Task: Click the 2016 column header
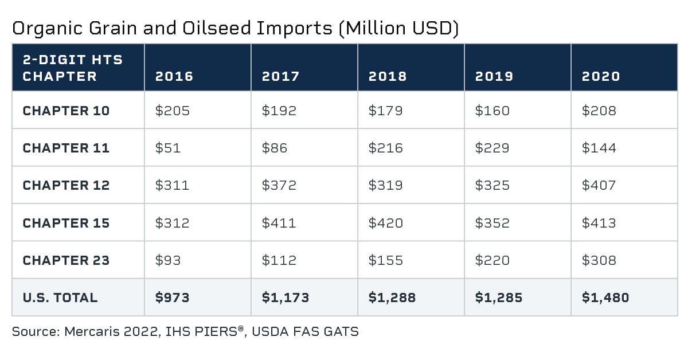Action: (174, 76)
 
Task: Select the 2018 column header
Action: (387, 76)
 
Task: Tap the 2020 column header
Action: (600, 76)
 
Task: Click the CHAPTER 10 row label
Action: (66, 111)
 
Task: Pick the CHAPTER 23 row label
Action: (66, 260)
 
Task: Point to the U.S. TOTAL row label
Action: (60, 298)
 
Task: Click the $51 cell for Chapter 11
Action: (167, 148)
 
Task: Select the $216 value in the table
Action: (385, 148)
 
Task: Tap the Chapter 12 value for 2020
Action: (599, 185)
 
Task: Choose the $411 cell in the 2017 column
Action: (279, 223)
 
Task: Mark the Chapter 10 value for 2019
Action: (492, 111)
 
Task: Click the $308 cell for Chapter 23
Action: (599, 260)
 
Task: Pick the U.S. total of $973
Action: (172, 298)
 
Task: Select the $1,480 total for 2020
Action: (605, 298)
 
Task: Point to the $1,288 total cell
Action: (392, 298)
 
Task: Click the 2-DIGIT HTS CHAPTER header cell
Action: (73, 68)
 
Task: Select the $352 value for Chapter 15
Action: (492, 223)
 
